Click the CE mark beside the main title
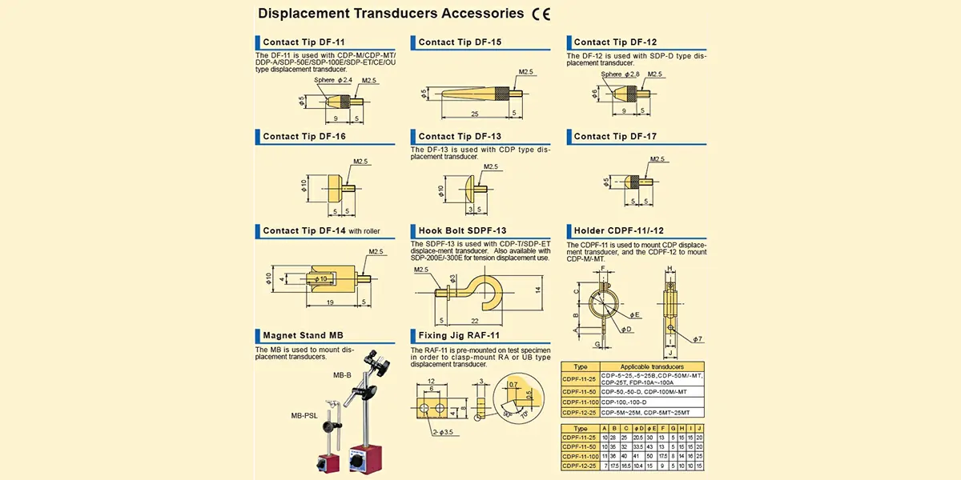pos(541,14)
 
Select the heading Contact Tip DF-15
pos(460,42)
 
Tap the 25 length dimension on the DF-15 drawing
pos(474,114)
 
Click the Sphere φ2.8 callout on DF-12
pos(621,74)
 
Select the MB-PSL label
pos(305,415)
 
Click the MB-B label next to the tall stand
pos(343,374)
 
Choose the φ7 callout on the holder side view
pos(698,339)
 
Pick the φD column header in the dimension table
pos(638,429)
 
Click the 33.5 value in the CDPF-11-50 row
pos(638,446)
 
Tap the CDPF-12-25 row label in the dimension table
pos(579,465)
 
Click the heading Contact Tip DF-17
pos(615,137)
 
